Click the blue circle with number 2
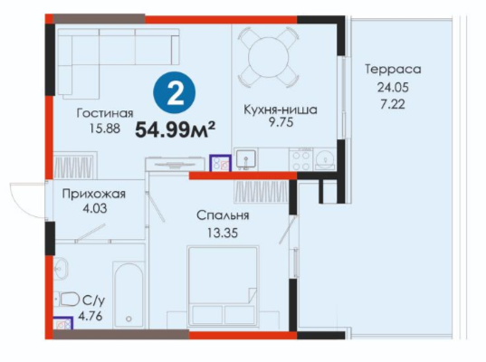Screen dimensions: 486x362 click(x=175, y=92)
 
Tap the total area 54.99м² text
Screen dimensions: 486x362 click(x=176, y=129)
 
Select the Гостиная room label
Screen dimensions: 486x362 click(x=105, y=113)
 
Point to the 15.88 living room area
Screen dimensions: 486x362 click(x=105, y=128)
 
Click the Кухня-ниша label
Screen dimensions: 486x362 click(x=281, y=110)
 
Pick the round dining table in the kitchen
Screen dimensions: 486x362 click(x=269, y=57)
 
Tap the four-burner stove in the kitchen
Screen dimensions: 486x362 click(x=301, y=159)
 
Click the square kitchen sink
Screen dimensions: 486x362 click(x=246, y=158)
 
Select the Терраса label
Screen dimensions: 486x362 click(x=393, y=69)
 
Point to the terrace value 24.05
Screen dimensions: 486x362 click(x=393, y=88)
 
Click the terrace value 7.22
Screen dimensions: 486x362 click(x=393, y=104)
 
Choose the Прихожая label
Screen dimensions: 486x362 click(x=94, y=194)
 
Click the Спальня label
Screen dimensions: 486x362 click(x=223, y=215)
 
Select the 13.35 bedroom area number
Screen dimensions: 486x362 click(x=223, y=233)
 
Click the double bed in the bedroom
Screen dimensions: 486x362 click(x=223, y=286)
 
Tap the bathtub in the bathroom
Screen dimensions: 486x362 click(x=129, y=294)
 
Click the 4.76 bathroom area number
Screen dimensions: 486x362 click(x=91, y=317)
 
